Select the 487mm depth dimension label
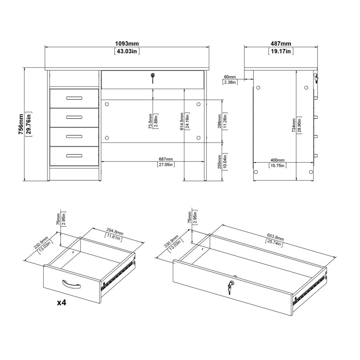point(280,44)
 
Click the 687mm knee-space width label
point(166,159)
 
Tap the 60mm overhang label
point(230,76)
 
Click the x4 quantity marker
point(61,302)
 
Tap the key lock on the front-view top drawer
point(152,77)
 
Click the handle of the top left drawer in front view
point(74,98)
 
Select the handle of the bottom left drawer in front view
point(74,156)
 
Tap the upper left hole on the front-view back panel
point(107,104)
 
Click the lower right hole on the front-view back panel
point(199,137)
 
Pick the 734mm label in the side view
point(294,125)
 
